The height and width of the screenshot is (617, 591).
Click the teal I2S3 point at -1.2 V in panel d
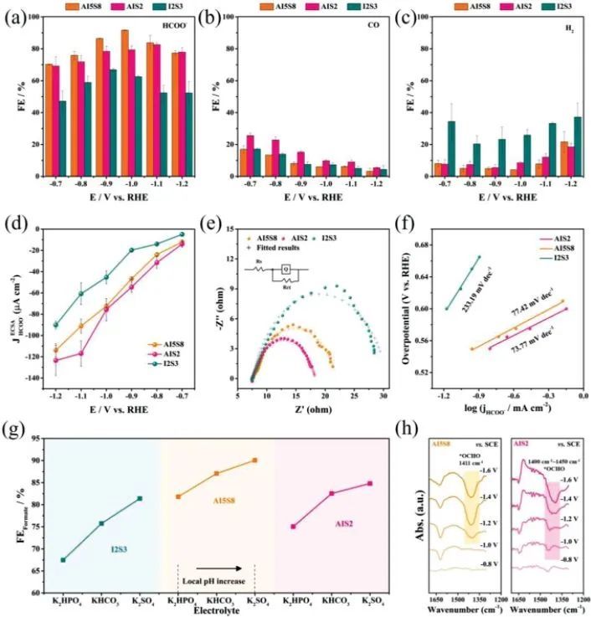coord(56,325)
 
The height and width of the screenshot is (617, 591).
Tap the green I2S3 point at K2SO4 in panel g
coord(140,498)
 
